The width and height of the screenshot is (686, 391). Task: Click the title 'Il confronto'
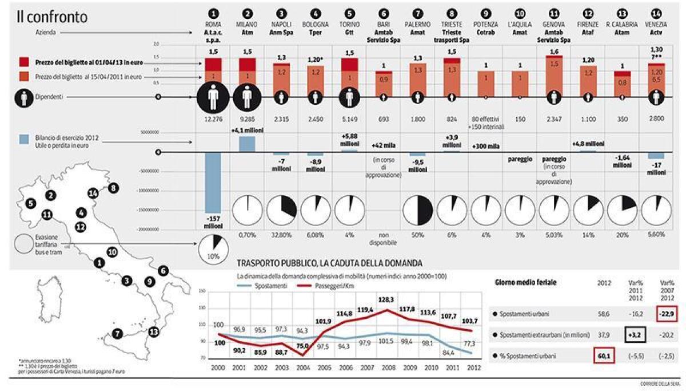pos(51,17)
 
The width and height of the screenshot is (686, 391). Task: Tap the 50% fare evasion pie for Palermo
pos(417,211)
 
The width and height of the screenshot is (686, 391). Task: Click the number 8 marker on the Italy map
pos(113,188)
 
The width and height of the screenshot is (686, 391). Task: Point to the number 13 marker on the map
pos(153,331)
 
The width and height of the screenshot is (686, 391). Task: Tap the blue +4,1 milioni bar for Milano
pos(248,143)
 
